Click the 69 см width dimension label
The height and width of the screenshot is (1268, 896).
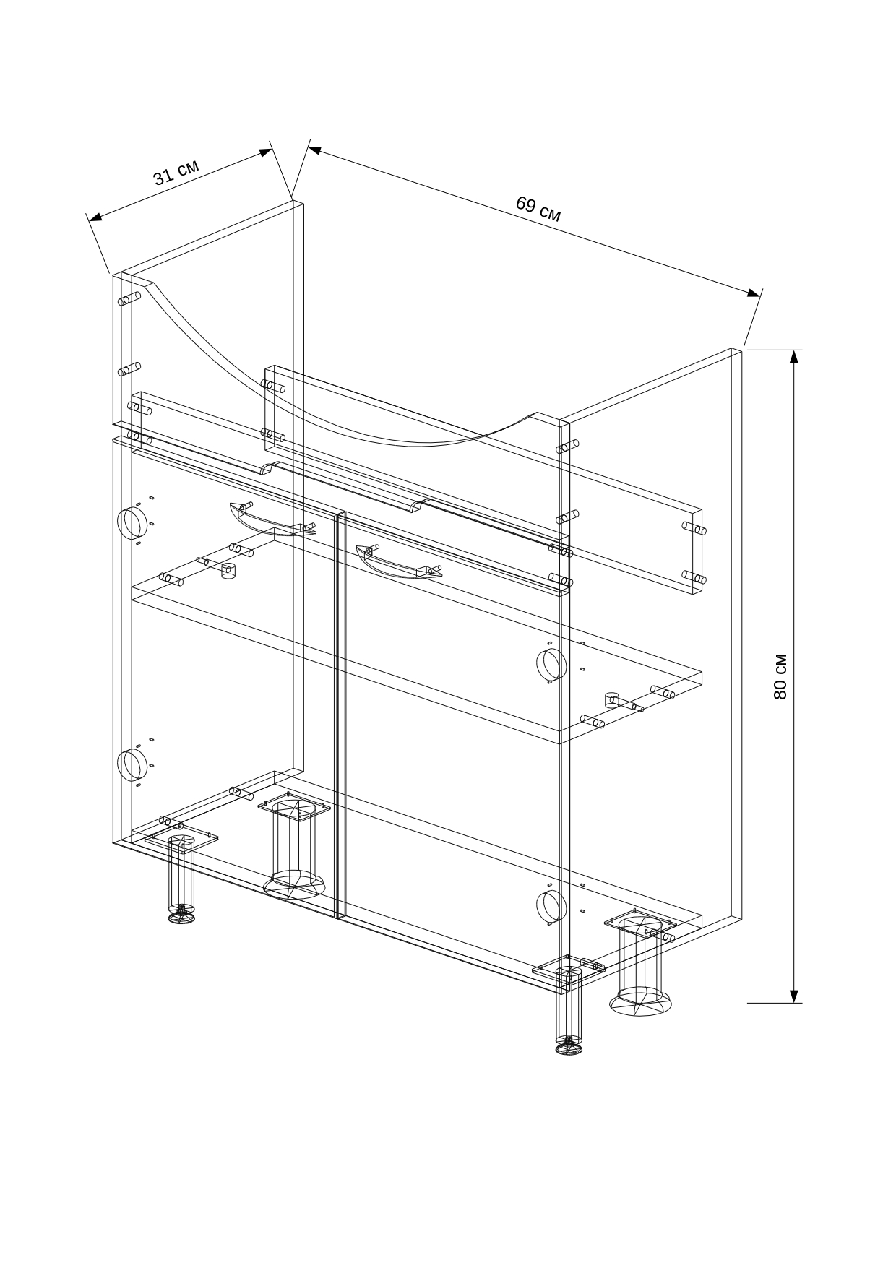(x=538, y=208)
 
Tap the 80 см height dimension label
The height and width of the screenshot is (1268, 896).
(x=780, y=676)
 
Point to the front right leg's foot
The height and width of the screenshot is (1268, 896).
(x=569, y=1046)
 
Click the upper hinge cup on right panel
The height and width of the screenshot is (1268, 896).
(x=551, y=664)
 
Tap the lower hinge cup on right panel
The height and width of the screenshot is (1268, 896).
(x=551, y=906)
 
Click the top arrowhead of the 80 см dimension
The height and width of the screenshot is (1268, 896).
(x=794, y=356)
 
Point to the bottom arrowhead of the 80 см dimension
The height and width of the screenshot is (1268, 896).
(x=794, y=996)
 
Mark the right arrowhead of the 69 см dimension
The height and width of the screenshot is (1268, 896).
(x=754, y=292)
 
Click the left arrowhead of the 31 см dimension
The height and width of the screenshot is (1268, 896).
(x=95, y=216)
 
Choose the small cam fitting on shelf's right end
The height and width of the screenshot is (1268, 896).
(x=612, y=699)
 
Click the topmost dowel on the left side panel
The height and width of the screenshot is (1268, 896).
(x=129, y=298)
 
